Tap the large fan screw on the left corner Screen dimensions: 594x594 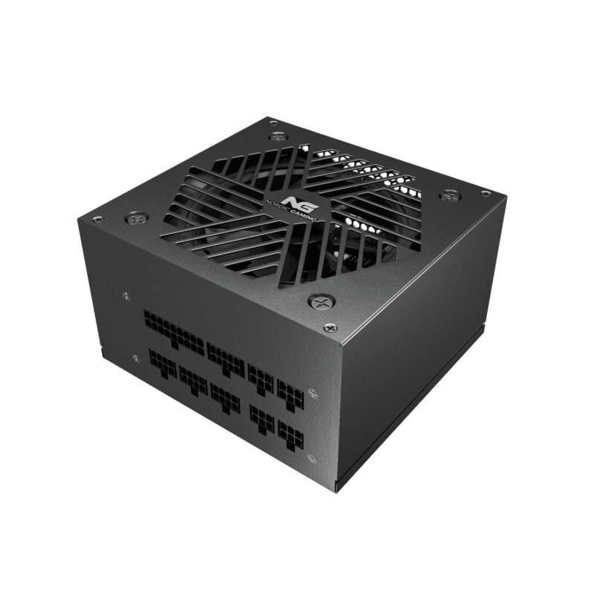point(134,218)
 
